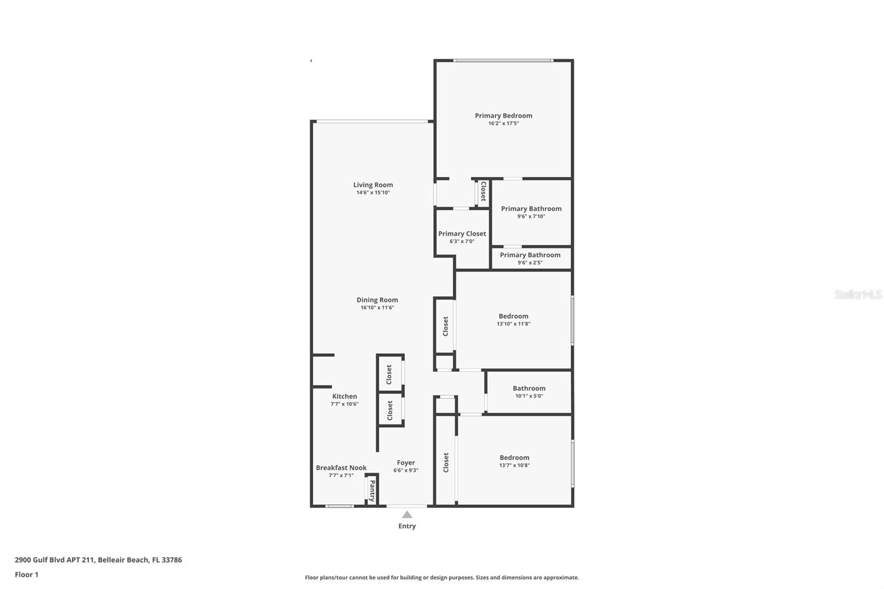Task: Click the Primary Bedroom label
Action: click(503, 115)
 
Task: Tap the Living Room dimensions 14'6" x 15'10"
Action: click(373, 193)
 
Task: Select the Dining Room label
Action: click(377, 300)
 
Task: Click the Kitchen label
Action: click(344, 396)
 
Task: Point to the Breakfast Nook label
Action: click(341, 467)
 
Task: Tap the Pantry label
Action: click(372, 490)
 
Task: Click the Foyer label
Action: click(406, 463)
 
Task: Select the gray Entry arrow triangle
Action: click(407, 515)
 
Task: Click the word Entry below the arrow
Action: click(407, 526)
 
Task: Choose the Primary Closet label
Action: click(462, 234)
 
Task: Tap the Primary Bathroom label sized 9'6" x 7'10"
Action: click(531, 209)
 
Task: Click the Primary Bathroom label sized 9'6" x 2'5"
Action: click(530, 255)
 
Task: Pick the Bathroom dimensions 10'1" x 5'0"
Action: click(529, 396)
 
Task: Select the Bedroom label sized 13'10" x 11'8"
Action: click(513, 317)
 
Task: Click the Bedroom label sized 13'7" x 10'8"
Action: click(514, 457)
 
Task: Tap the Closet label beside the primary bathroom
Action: click(483, 191)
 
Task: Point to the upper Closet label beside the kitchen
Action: click(389, 375)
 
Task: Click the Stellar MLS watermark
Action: click(857, 295)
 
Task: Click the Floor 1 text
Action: click(27, 575)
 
